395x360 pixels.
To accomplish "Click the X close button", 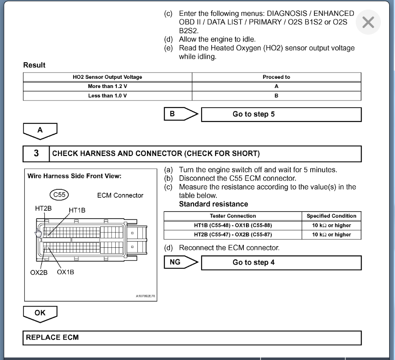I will (x=368, y=23).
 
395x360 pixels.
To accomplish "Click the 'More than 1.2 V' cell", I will (x=107, y=86).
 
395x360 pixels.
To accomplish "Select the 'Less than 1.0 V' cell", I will (x=107, y=96).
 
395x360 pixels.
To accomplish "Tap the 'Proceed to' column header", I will (x=276, y=77).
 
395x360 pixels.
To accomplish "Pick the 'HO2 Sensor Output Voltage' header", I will (x=107, y=77).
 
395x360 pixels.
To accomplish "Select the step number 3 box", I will (x=36, y=154).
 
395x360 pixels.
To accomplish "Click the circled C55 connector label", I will (x=58, y=195).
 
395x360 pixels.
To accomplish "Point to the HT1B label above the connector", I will (x=77, y=210).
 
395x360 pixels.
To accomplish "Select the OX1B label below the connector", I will (x=65, y=272).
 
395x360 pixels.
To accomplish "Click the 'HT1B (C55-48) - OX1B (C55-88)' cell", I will (x=233, y=225).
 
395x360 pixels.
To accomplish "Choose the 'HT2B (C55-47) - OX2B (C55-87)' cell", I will (x=233, y=234).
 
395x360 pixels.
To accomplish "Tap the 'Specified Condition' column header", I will (x=331, y=216).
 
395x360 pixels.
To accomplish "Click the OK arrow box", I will (x=40, y=312).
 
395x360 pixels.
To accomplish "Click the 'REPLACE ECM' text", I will (x=52, y=337).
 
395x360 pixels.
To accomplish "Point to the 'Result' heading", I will (x=34, y=65).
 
